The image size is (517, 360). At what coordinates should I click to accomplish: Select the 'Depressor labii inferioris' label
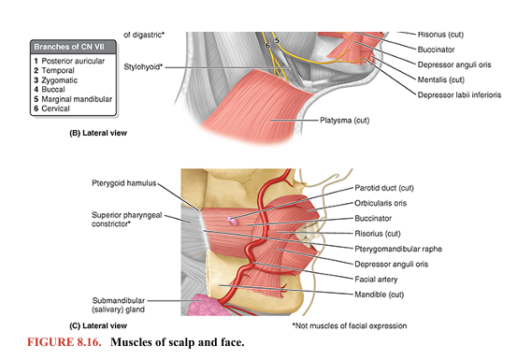pos(459,94)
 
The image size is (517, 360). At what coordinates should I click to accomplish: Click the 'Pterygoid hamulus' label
pos(122,181)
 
